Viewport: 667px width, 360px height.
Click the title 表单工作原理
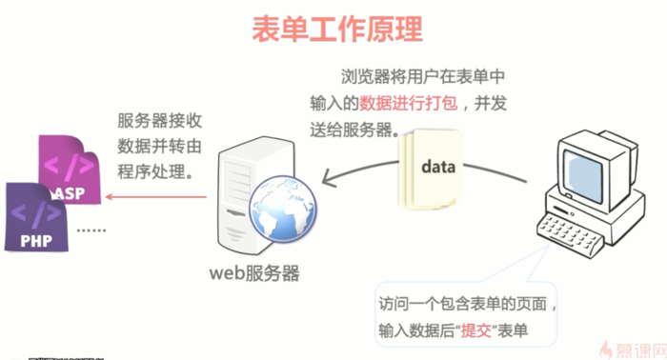click(x=337, y=29)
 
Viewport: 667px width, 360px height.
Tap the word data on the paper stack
click(x=438, y=166)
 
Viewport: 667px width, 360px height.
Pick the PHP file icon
click(x=36, y=217)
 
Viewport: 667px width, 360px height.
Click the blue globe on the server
click(x=283, y=209)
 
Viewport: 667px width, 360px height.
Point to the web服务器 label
click(x=254, y=273)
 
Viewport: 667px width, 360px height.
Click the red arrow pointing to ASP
click(x=155, y=197)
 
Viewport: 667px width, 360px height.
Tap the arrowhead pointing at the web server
click(x=329, y=178)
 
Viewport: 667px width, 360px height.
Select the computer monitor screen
click(x=583, y=175)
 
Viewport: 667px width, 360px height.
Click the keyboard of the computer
click(x=569, y=234)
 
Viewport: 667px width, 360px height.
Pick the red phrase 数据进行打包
click(x=409, y=103)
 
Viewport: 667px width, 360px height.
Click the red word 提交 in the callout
click(x=476, y=330)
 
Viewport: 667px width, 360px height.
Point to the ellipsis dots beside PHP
click(x=91, y=230)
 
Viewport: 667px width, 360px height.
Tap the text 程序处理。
click(x=155, y=171)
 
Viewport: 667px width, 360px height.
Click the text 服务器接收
click(x=159, y=121)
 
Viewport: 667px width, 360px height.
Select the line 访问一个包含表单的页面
click(x=463, y=304)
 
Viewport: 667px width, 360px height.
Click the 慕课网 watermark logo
click(x=633, y=350)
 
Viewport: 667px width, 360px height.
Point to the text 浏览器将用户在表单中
click(x=423, y=77)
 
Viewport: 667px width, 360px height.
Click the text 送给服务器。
click(x=354, y=130)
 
